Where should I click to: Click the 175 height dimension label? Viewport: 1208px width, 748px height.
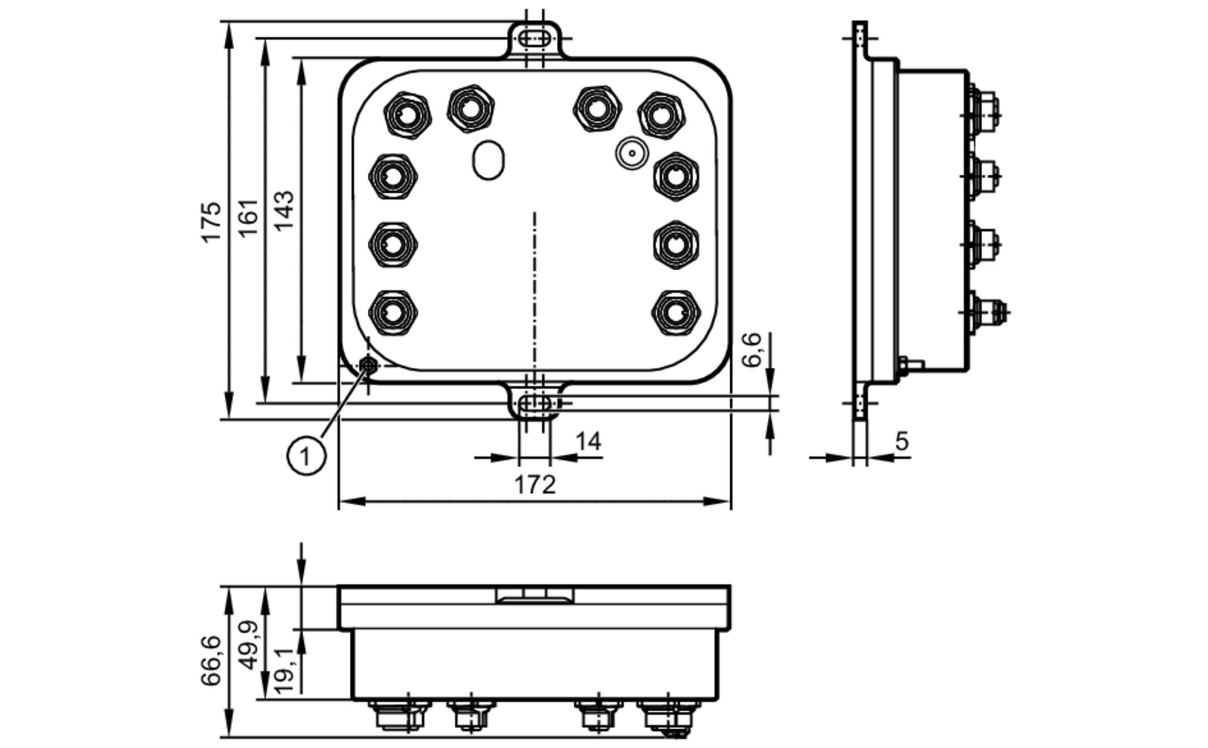[211, 222]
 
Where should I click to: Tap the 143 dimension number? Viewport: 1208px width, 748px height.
[284, 210]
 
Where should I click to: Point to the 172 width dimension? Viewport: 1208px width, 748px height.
[535, 485]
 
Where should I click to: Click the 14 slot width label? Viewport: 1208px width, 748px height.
[588, 442]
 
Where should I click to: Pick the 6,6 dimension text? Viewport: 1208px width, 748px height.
[753, 350]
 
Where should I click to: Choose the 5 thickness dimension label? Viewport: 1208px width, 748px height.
[901, 442]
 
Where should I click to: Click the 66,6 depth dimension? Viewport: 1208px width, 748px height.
[211, 660]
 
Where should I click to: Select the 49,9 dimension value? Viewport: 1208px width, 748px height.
[248, 645]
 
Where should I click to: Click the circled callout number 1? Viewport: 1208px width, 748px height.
[306, 456]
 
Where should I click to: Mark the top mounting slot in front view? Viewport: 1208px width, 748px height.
[535, 39]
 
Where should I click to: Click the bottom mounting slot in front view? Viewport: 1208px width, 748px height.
[535, 403]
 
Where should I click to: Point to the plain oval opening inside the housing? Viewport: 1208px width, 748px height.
[488, 160]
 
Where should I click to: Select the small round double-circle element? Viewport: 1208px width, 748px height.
[632, 153]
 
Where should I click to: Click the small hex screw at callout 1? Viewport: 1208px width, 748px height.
[368, 365]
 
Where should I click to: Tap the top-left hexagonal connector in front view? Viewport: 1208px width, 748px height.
[407, 114]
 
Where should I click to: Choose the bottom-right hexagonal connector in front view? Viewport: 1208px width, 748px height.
[676, 312]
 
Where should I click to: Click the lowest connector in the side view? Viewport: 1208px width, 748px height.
[985, 312]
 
